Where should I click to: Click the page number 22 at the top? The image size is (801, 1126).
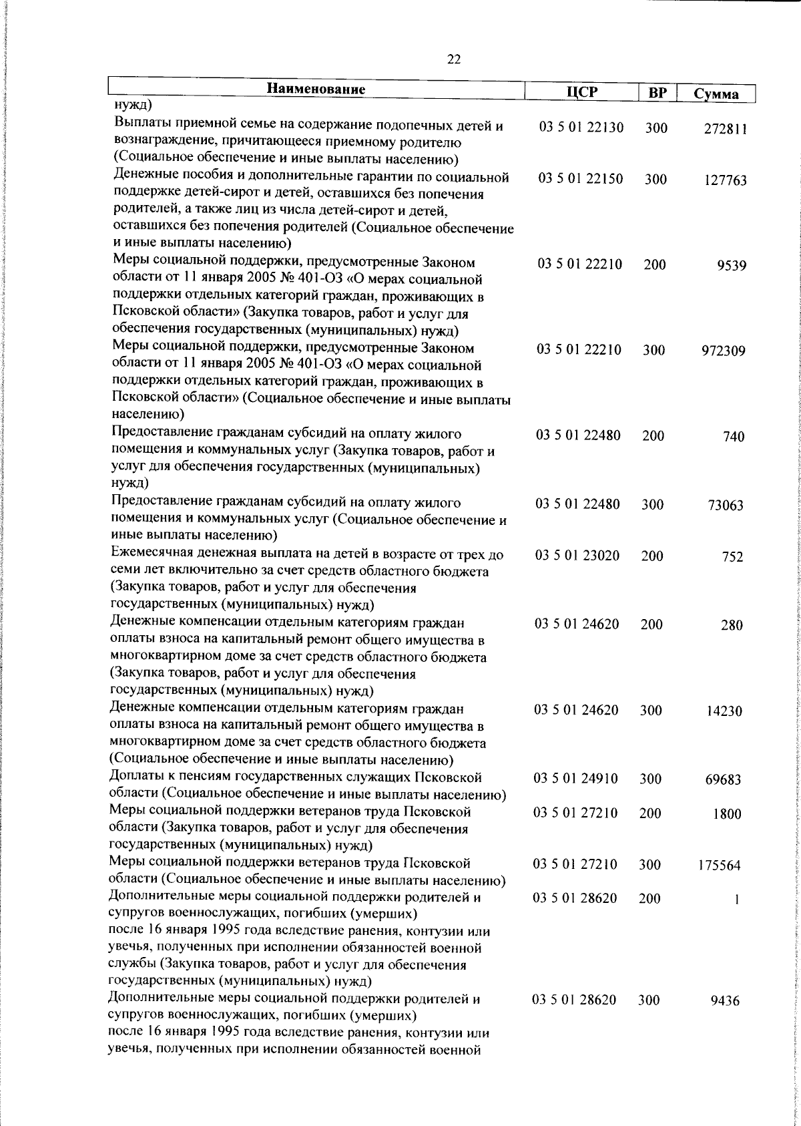tap(454, 59)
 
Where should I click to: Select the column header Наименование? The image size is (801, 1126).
tap(316, 89)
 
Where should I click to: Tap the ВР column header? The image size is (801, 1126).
tap(657, 93)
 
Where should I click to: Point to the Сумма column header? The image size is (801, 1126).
tap(716, 93)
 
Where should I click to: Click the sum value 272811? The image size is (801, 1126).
tap(725, 130)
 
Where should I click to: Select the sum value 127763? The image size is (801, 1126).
tap(725, 181)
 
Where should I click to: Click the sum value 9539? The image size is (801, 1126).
tap(733, 266)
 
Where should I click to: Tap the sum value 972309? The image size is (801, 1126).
tap(724, 351)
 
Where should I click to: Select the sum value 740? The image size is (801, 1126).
tap(734, 437)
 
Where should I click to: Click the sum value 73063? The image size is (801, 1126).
tap(726, 506)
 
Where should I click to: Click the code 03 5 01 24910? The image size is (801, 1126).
tap(576, 779)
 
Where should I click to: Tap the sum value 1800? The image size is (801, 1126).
tap(727, 814)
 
